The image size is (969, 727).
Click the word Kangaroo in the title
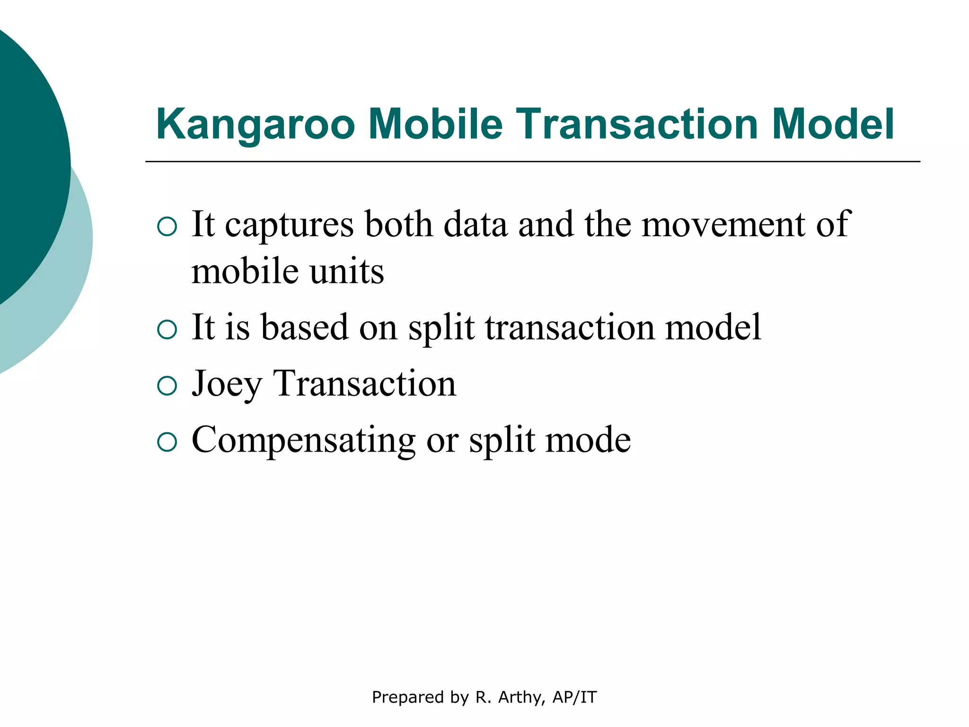click(255, 125)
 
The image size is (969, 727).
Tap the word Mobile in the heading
click(435, 124)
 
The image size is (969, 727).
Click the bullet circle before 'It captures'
click(167, 227)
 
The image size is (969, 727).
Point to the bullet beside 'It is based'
click(167, 329)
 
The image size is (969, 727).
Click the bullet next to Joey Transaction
click(167, 386)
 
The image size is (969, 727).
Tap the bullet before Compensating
click(167, 442)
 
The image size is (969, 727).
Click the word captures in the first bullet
click(289, 225)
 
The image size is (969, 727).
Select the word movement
click(722, 224)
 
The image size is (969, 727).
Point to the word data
click(475, 224)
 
